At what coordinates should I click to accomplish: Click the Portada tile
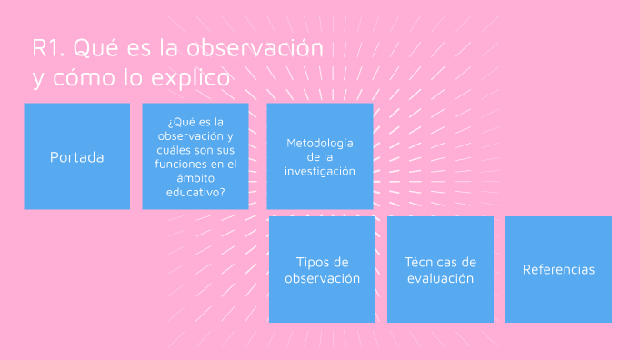[x=76, y=156]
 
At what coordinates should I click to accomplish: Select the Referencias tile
[x=558, y=269]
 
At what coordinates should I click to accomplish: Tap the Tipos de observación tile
[x=322, y=269]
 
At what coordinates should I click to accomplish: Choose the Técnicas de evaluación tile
[x=440, y=269]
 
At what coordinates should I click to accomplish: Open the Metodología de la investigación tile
[x=319, y=156]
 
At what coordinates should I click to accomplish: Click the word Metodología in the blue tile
[x=319, y=143]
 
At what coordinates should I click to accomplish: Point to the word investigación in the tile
[x=319, y=171]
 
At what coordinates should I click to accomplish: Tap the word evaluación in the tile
[x=440, y=278]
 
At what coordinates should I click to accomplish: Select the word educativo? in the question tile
[x=195, y=192]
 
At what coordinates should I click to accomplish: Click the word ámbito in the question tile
[x=195, y=178]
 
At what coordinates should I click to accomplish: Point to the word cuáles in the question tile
[x=164, y=150]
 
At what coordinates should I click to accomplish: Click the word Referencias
[x=558, y=269]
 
